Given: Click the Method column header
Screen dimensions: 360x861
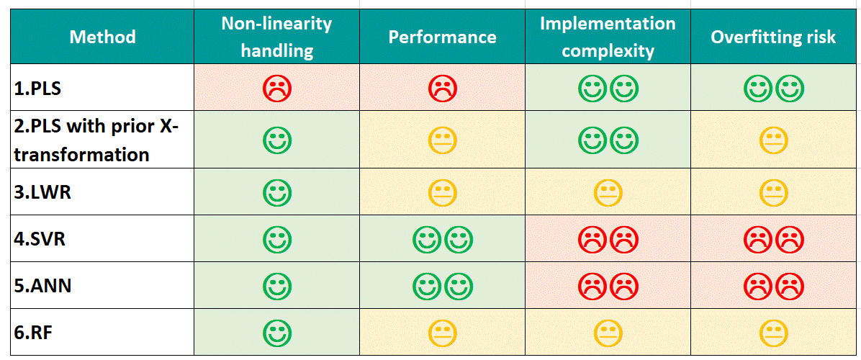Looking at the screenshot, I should tap(102, 37).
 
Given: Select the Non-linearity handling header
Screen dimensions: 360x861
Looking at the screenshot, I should tap(276, 37).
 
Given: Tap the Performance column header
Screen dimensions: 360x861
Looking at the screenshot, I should tap(442, 37).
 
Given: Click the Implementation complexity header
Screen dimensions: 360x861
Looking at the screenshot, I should tap(608, 37).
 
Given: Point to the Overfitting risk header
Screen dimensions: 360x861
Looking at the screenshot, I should tap(773, 37).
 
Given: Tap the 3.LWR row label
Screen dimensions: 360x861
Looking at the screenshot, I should tap(41, 192).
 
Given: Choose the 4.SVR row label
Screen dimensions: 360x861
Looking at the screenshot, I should tap(40, 238).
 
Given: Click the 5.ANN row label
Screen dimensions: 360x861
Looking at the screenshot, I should tap(42, 286).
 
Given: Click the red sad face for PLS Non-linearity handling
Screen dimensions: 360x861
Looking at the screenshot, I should tap(277, 88).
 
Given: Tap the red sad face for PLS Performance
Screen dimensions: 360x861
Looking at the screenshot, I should tap(443, 88).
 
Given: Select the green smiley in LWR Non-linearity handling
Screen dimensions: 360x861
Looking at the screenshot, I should tap(277, 192).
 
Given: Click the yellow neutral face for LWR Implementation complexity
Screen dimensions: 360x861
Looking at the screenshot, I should tap(608, 192).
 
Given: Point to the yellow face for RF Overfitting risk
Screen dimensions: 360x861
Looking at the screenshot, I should tap(774, 333).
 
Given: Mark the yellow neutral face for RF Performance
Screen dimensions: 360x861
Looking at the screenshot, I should tap(443, 333).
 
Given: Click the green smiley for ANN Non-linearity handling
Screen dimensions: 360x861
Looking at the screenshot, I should tap(277, 286).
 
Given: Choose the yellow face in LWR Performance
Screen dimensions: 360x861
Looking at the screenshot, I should tap(443, 192).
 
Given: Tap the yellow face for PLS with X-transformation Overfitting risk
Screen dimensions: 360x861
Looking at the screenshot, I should tap(774, 140).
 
